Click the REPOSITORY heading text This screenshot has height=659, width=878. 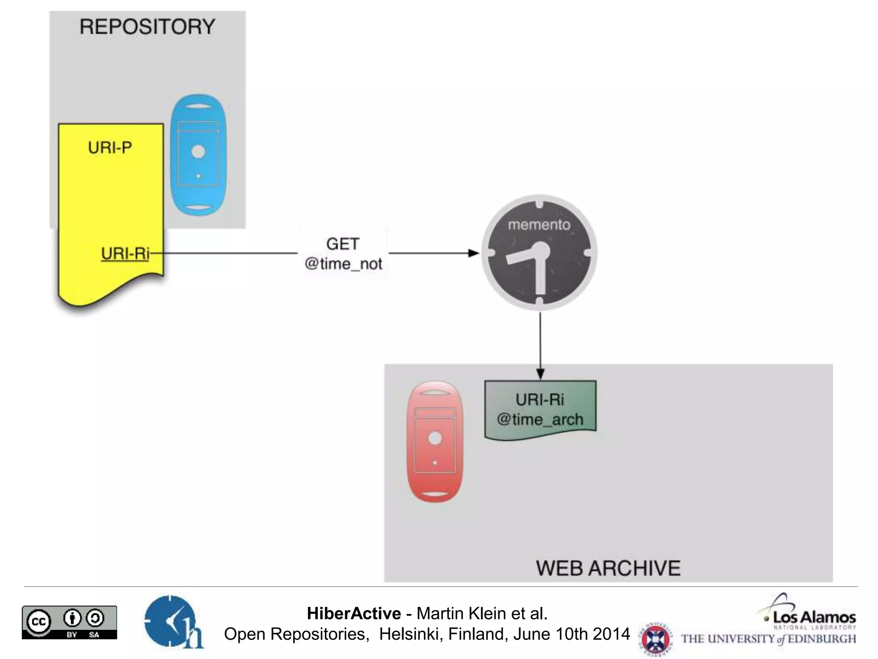coord(147,27)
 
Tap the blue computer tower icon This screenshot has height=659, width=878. coord(198,155)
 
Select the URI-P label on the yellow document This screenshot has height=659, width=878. coord(110,148)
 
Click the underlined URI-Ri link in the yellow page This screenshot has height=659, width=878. coord(125,254)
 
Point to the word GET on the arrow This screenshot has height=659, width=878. coord(343,244)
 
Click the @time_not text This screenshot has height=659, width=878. coord(343,263)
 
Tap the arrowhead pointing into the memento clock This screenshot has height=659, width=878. coord(473,253)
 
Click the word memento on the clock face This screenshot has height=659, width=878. coord(539,225)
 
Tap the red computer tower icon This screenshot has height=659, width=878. coord(435,441)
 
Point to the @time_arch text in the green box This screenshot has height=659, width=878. coord(540,419)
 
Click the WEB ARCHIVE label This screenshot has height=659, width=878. coord(608,568)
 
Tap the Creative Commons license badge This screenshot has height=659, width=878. coord(69,622)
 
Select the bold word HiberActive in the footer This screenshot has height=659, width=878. coord(354,614)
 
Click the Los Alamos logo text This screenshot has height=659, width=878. coord(814,618)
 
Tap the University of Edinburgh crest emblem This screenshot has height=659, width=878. coord(655,638)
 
